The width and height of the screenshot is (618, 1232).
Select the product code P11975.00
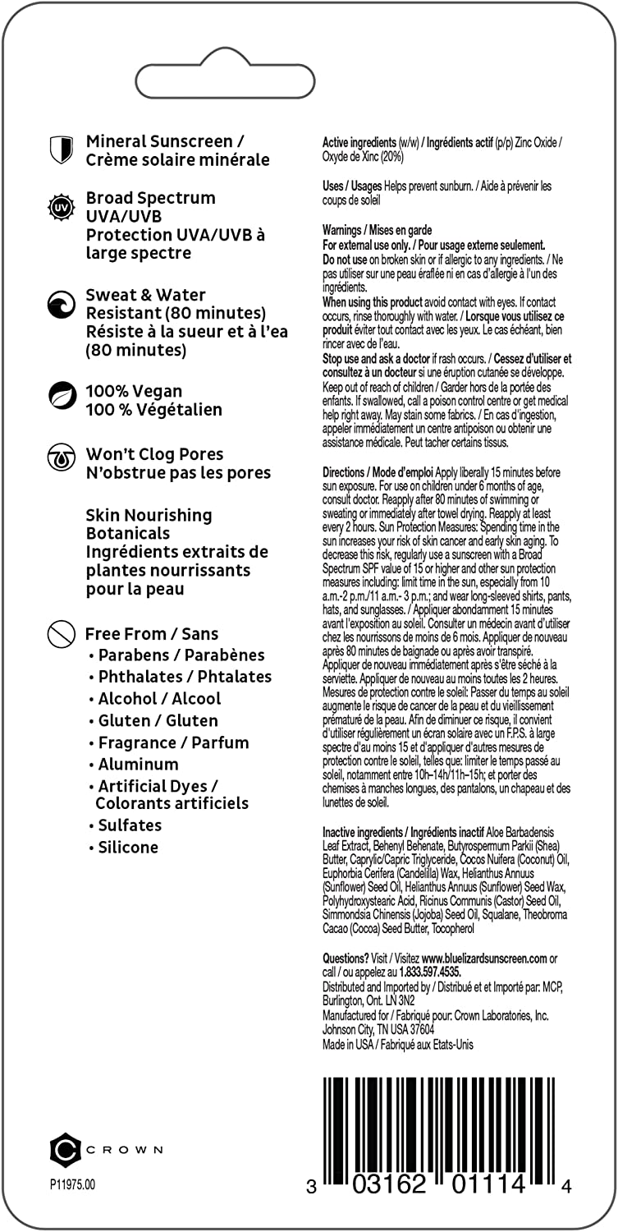[72, 1184]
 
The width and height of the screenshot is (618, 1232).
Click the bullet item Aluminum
[138, 764]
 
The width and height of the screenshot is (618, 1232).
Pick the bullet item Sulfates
[130, 825]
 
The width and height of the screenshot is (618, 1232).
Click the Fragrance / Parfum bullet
[173, 742]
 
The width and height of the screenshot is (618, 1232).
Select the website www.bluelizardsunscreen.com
[484, 958]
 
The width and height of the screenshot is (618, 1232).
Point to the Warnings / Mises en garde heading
[377, 230]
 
